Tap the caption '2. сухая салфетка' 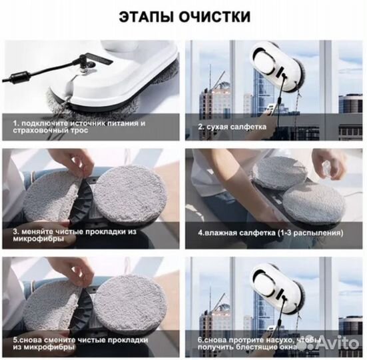pyautogui.click(x=230, y=125)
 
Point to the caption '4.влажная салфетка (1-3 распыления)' pyautogui.click(x=270, y=235)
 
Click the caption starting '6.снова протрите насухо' pyautogui.click(x=256, y=346)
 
